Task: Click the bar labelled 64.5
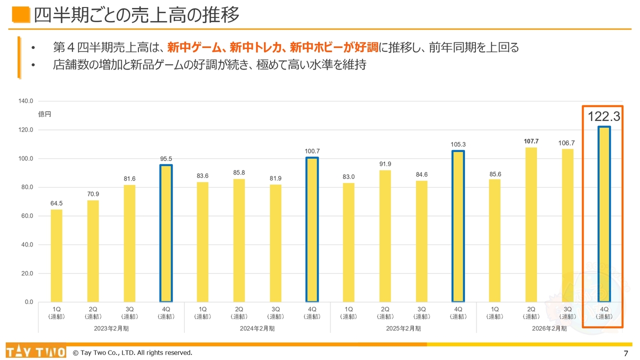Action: [56, 255]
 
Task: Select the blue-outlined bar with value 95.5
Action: [166, 233]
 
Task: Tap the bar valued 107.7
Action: [531, 224]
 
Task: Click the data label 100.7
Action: [312, 151]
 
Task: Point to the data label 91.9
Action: [385, 163]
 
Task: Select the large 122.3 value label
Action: [603, 117]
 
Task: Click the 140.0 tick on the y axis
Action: [25, 101]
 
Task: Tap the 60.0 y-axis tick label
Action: [25, 216]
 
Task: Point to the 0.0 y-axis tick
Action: [28, 302]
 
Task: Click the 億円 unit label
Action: [44, 114]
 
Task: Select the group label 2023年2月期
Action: [111, 328]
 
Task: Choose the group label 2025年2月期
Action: [403, 328]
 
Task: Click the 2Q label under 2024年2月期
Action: [239, 309]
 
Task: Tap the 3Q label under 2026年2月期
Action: [567, 309]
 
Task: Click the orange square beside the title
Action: [20, 15]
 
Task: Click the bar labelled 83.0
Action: [348, 242]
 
